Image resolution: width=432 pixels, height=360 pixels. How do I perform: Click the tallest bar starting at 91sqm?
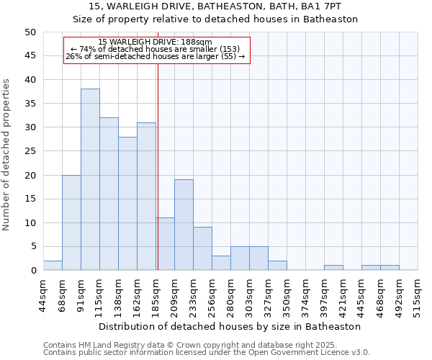pyautogui.click(x=90, y=179)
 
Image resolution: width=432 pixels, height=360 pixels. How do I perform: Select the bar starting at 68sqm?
pyautogui.click(x=71, y=222)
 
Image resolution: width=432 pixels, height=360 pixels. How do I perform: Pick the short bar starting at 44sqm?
pyautogui.click(x=53, y=266)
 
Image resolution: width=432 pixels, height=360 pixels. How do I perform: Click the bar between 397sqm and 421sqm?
pyautogui.click(x=333, y=268)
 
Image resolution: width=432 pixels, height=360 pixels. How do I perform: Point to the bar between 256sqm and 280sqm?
pyautogui.click(x=221, y=263)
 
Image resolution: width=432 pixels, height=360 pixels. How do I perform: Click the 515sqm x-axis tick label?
pyautogui.click(x=418, y=295)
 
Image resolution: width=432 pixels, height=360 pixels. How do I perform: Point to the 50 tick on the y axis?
pyautogui.click(x=30, y=32)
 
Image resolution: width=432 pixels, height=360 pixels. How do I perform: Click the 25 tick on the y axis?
pyautogui.click(x=30, y=151)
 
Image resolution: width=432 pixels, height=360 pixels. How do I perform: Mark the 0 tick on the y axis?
pyautogui.click(x=33, y=271)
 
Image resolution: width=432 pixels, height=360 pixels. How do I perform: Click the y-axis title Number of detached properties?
pyautogui.click(x=7, y=155)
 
